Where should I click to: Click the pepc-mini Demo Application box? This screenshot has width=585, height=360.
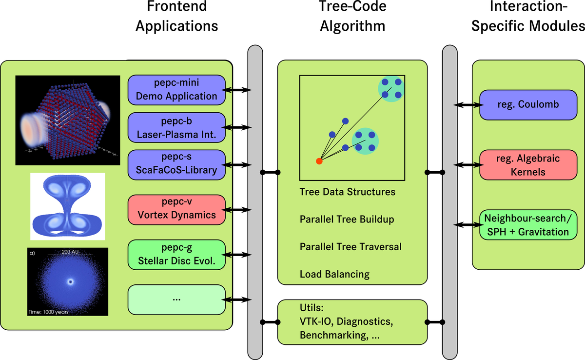coord(176,90)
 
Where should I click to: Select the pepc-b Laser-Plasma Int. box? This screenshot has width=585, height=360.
coord(176,127)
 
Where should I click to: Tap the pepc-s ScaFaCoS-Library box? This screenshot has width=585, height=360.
coord(176,164)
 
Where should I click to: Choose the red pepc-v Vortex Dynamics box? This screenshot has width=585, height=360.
coord(176,209)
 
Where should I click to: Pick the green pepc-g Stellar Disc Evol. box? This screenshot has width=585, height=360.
coord(176,254)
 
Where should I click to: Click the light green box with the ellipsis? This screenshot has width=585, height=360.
coord(176,300)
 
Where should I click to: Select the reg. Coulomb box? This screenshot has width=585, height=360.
coord(521,104)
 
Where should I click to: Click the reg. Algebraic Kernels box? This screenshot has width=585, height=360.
coord(521,165)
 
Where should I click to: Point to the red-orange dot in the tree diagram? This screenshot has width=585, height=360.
coord(319,161)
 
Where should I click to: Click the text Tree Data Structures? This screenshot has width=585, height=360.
coord(347,192)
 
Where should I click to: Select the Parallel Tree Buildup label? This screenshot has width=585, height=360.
coord(347,220)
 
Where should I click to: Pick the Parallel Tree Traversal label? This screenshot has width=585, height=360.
coord(351,247)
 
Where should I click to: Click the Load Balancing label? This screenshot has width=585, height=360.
coord(334,274)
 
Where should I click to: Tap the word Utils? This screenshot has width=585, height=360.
coord(312,308)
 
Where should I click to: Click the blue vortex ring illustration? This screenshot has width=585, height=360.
coord(68,206)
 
